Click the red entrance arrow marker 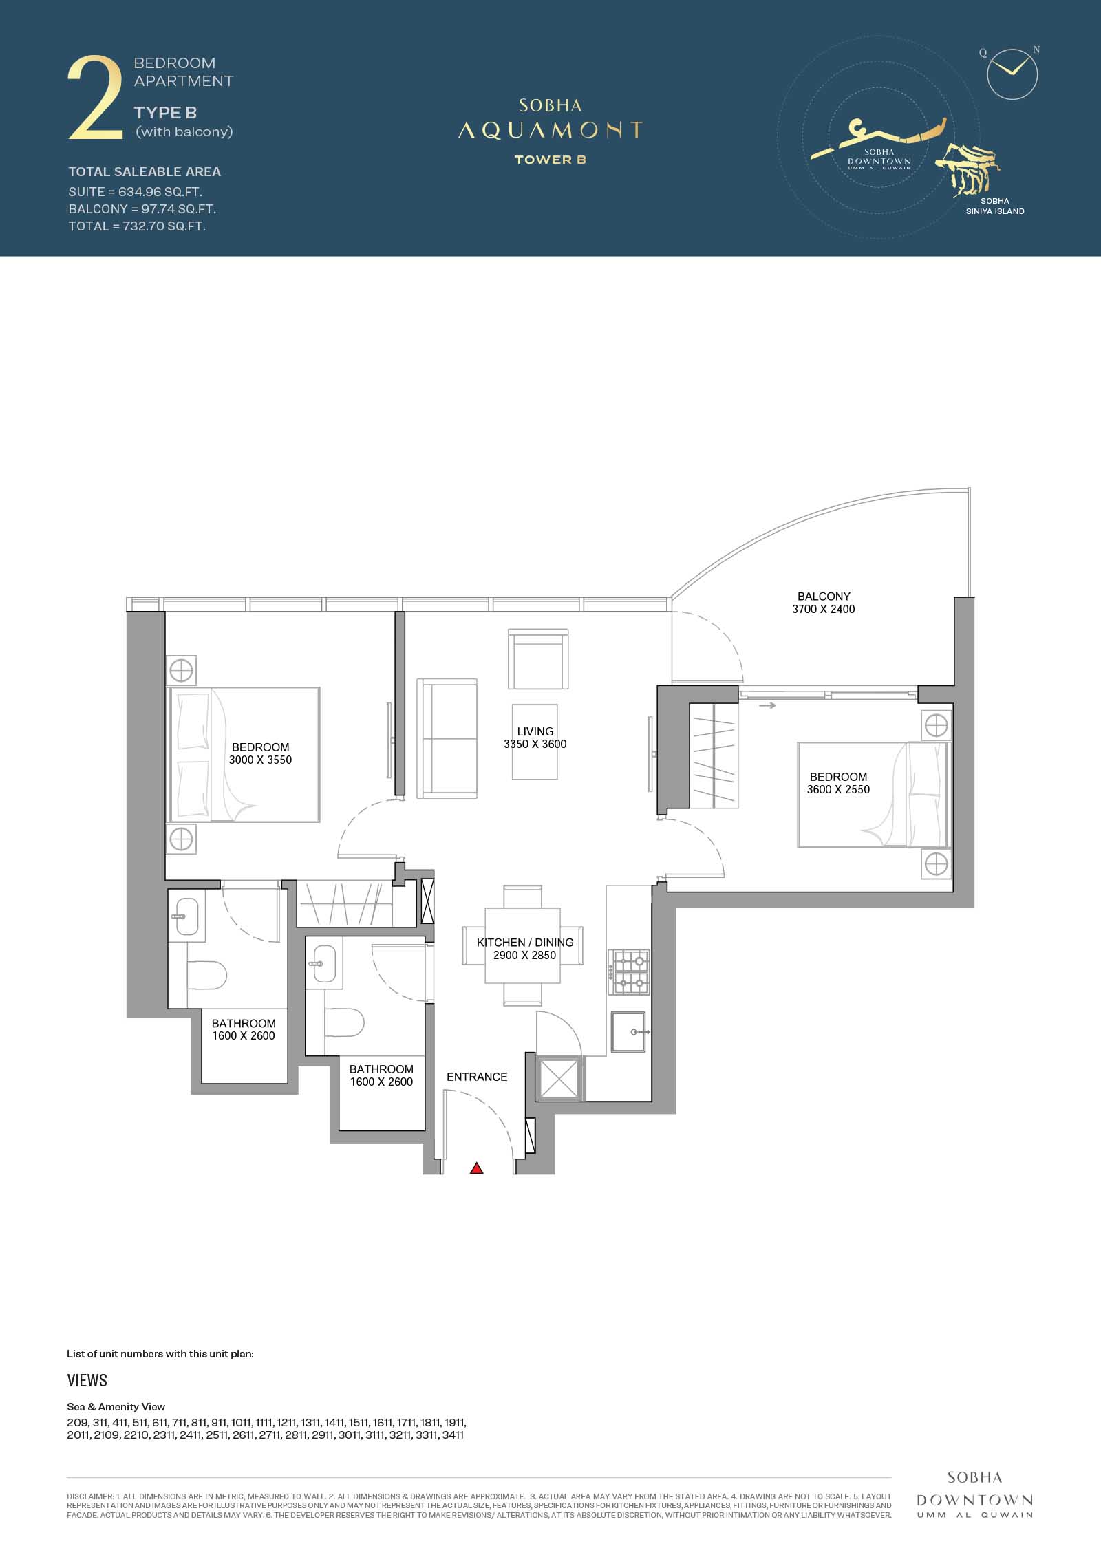(x=476, y=1168)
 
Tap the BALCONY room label (x=824, y=597)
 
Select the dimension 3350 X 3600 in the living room (x=535, y=744)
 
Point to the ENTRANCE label (x=477, y=1077)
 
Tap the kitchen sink (x=628, y=1032)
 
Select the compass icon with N (x=1012, y=73)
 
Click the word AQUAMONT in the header (x=550, y=130)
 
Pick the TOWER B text (x=550, y=160)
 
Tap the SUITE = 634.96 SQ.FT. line (x=135, y=192)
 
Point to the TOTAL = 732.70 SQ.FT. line (x=137, y=226)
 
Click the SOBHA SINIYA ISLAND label (x=995, y=206)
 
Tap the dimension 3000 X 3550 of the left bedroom (x=260, y=760)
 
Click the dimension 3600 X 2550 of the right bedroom (x=838, y=789)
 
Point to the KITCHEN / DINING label (x=525, y=943)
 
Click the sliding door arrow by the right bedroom (x=768, y=705)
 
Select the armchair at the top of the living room (x=538, y=659)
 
